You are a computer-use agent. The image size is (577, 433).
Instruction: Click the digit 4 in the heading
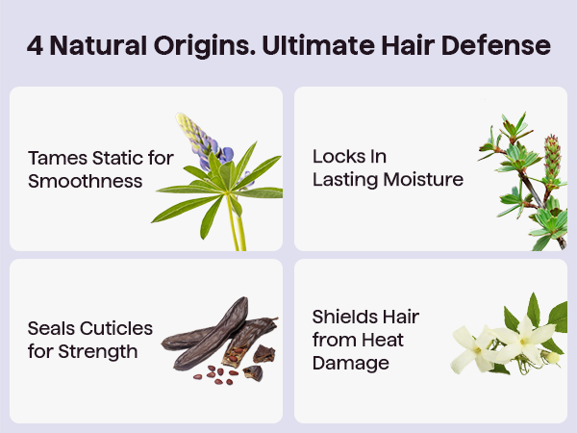(x=35, y=45)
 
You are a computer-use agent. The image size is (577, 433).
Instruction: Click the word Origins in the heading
(x=204, y=46)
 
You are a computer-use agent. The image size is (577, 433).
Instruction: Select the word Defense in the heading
(x=495, y=45)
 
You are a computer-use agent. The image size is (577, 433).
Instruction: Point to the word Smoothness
(x=85, y=181)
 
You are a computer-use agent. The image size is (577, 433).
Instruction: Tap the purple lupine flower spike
(x=204, y=140)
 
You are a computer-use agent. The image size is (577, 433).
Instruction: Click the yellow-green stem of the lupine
(x=236, y=223)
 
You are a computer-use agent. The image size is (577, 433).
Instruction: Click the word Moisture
(x=423, y=180)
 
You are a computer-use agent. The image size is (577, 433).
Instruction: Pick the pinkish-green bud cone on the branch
(x=552, y=156)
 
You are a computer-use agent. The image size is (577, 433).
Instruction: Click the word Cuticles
(x=116, y=328)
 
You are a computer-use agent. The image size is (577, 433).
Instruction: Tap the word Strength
(x=98, y=351)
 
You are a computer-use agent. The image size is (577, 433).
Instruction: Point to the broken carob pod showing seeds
(x=250, y=339)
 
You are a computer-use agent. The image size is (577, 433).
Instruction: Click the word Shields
(x=341, y=317)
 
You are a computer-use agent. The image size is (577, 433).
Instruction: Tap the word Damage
(x=351, y=363)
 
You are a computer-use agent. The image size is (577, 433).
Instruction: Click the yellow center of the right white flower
(x=522, y=342)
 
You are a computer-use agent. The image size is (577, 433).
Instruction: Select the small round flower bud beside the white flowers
(x=553, y=357)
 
